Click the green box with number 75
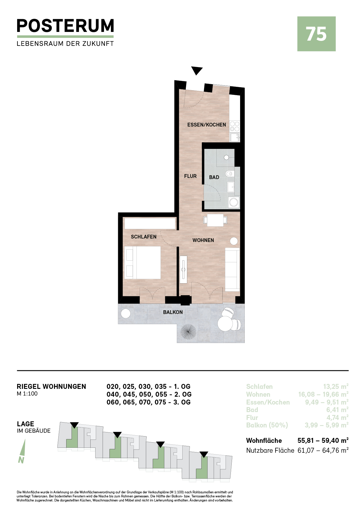pos(316,34)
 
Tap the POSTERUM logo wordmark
pos(65,26)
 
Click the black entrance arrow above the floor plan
pos(197,71)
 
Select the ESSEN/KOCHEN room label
pos(206,125)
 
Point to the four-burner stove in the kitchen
pos(235,127)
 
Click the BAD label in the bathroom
pos(214,177)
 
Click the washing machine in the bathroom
pos(234,202)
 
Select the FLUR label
pos(190,176)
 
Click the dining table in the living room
pos(215,220)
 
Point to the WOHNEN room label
pos(203,240)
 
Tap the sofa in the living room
pos(233,269)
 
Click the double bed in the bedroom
pos(143,263)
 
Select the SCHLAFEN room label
pos(143,237)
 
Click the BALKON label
pos(173,312)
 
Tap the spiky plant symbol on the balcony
pos(188,332)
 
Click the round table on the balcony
pos(225,323)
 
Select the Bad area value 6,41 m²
pos(337,410)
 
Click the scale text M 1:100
pos(27,394)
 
